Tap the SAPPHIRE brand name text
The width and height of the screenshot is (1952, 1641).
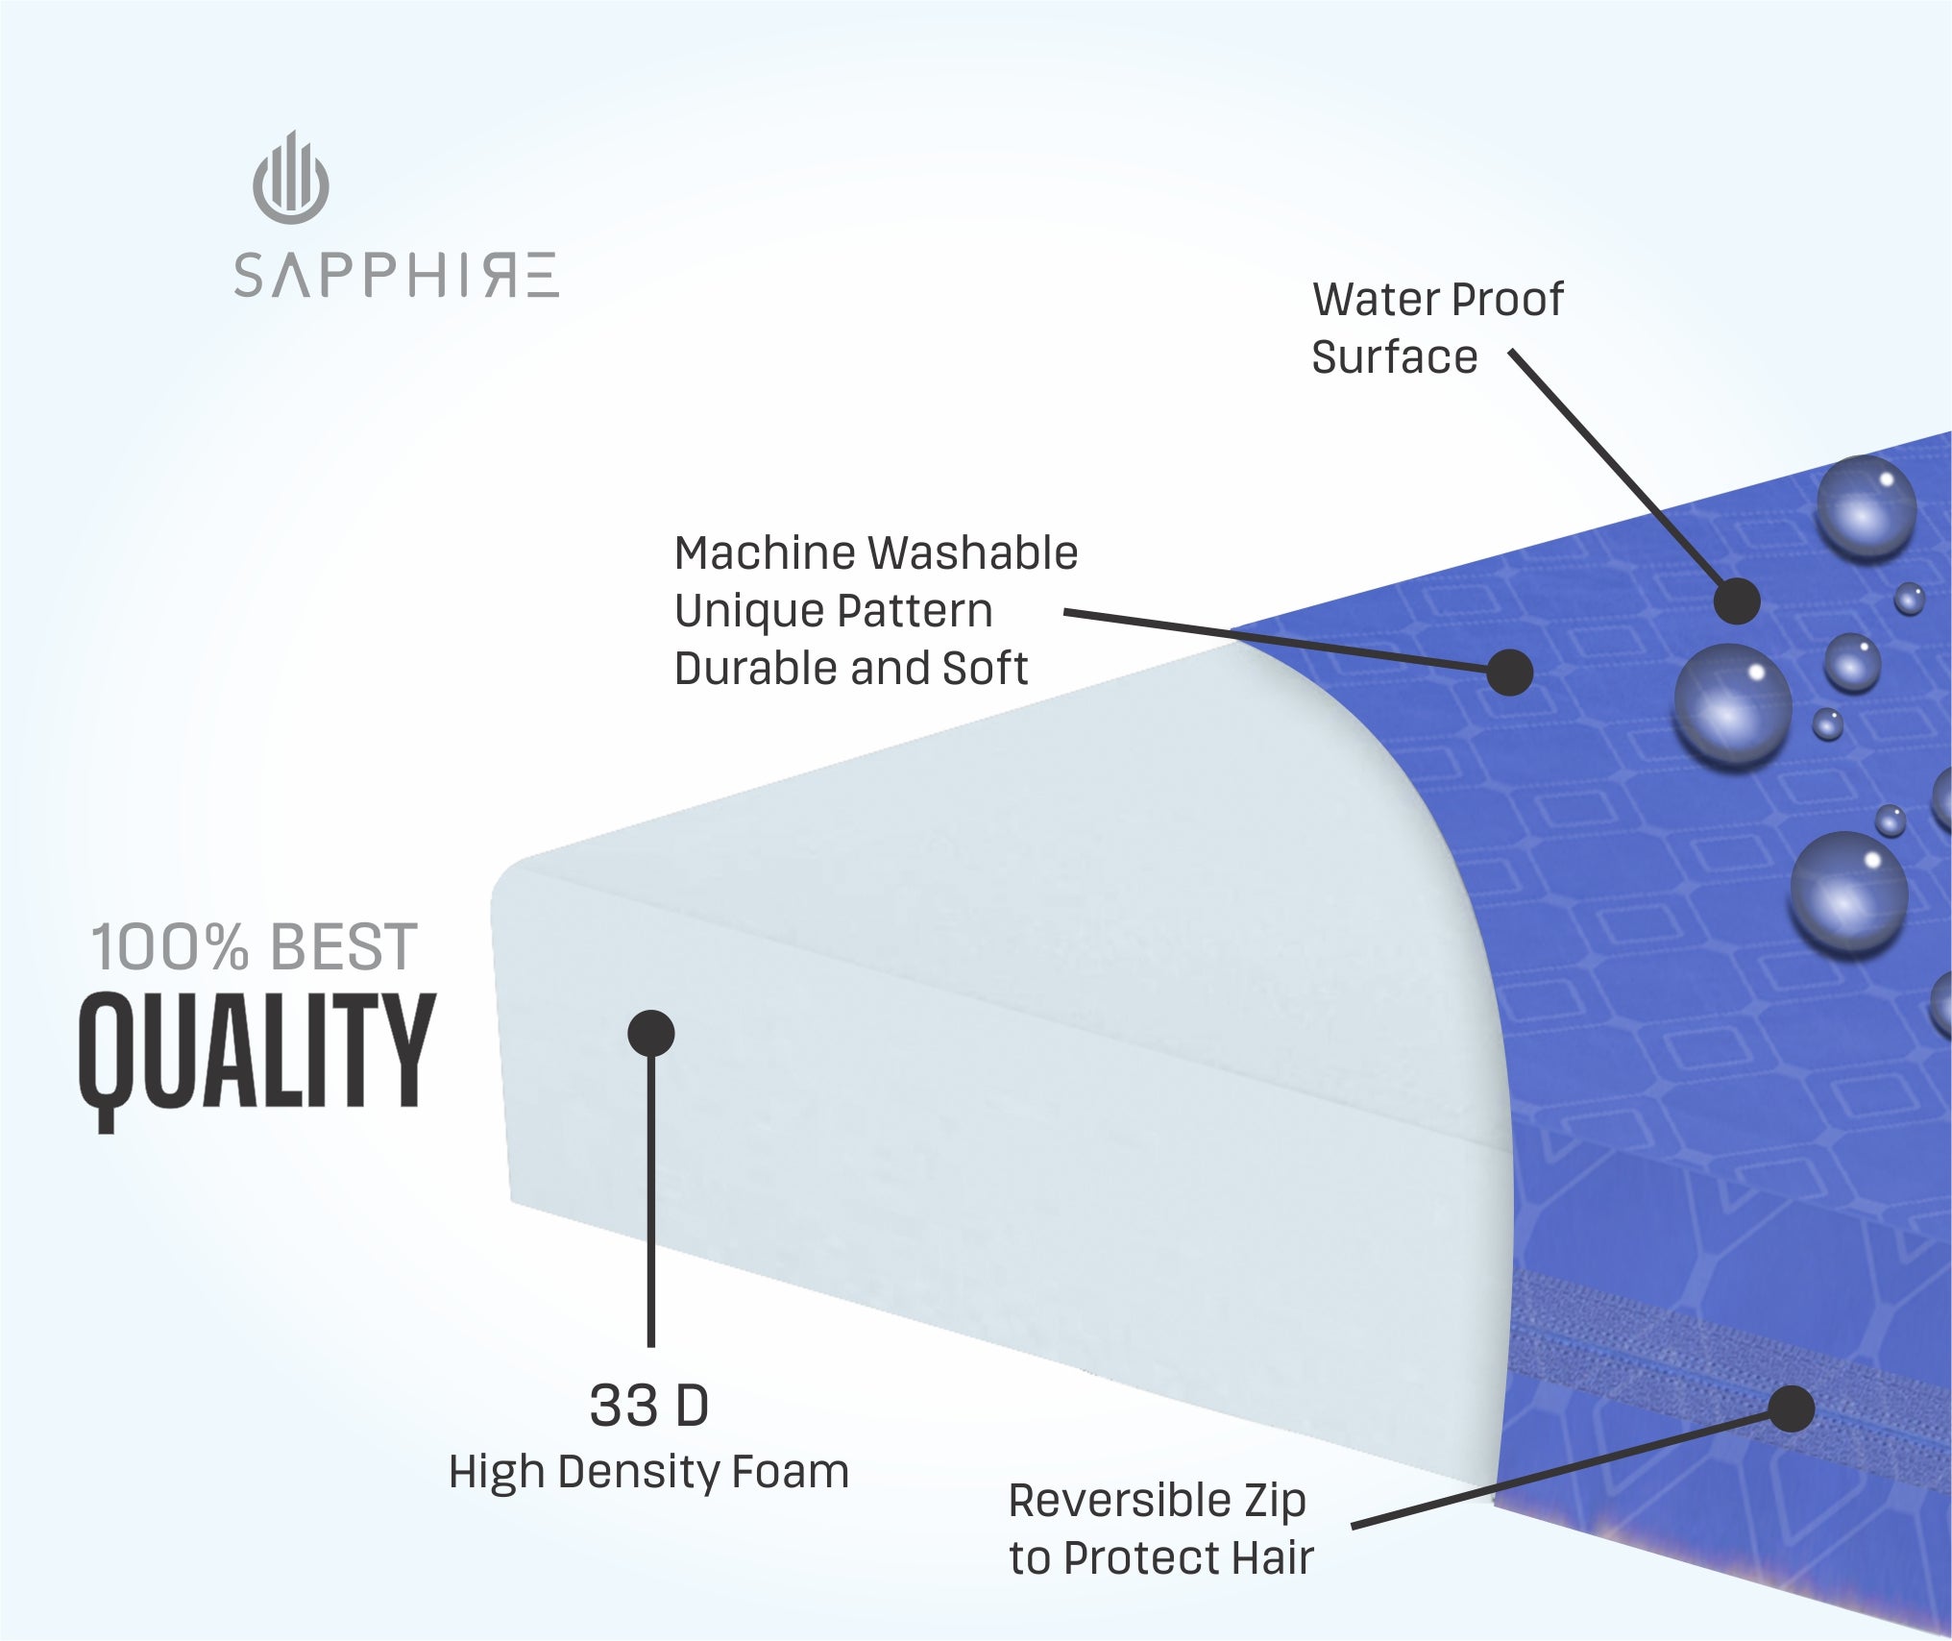[x=396, y=276]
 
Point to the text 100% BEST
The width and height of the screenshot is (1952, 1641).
[x=255, y=947]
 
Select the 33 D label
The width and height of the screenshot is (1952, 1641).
[x=649, y=1406]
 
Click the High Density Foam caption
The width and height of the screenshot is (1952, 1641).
[x=649, y=1472]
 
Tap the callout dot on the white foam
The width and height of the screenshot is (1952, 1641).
[x=651, y=1034]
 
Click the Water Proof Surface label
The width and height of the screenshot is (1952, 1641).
[x=1438, y=328]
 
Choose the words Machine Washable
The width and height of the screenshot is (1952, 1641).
[x=876, y=553]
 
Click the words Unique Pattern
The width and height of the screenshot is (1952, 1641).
[x=834, y=611]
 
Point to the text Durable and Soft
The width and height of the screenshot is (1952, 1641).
[x=851, y=669]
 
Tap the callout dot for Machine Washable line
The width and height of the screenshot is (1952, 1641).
[x=1509, y=672]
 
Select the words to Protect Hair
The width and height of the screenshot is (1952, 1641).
[x=1161, y=1558]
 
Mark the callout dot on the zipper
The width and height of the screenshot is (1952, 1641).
[x=1791, y=1408]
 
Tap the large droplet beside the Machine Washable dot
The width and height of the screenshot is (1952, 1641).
[x=1733, y=704]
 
